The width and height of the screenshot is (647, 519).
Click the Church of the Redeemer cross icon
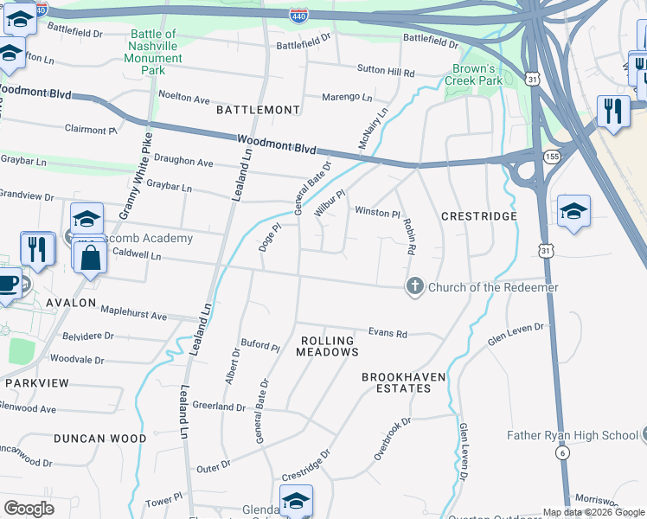pyautogui.click(x=415, y=287)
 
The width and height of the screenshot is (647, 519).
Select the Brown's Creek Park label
pyautogui.click(x=473, y=74)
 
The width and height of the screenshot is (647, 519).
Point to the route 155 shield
pyautogui.click(x=551, y=156)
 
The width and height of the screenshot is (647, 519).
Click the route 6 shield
pyautogui.click(x=562, y=452)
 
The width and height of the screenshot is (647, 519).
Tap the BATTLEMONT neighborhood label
pyautogui.click(x=258, y=110)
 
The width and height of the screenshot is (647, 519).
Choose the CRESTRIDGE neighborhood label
pyautogui.click(x=479, y=216)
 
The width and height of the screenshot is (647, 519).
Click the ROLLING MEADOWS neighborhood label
pyautogui.click(x=327, y=346)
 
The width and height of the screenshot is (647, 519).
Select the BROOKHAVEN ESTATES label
pyautogui.click(x=396, y=382)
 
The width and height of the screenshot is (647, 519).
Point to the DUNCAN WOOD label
pyautogui.click(x=100, y=439)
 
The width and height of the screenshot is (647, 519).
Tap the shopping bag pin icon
pyautogui.click(x=91, y=257)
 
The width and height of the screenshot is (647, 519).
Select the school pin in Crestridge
pyautogui.click(x=573, y=211)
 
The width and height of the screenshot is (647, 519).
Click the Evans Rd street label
pyautogui.click(x=388, y=331)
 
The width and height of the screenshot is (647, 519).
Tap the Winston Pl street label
pyautogui.click(x=377, y=213)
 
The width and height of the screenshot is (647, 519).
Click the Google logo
pyautogui.click(x=29, y=509)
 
